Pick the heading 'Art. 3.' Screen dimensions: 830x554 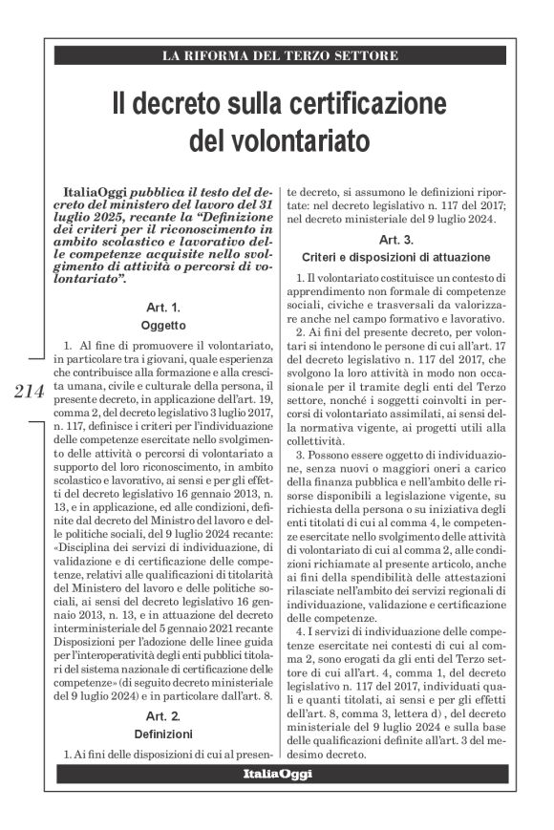click(396, 240)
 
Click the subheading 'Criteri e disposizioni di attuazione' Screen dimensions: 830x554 click(396, 257)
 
